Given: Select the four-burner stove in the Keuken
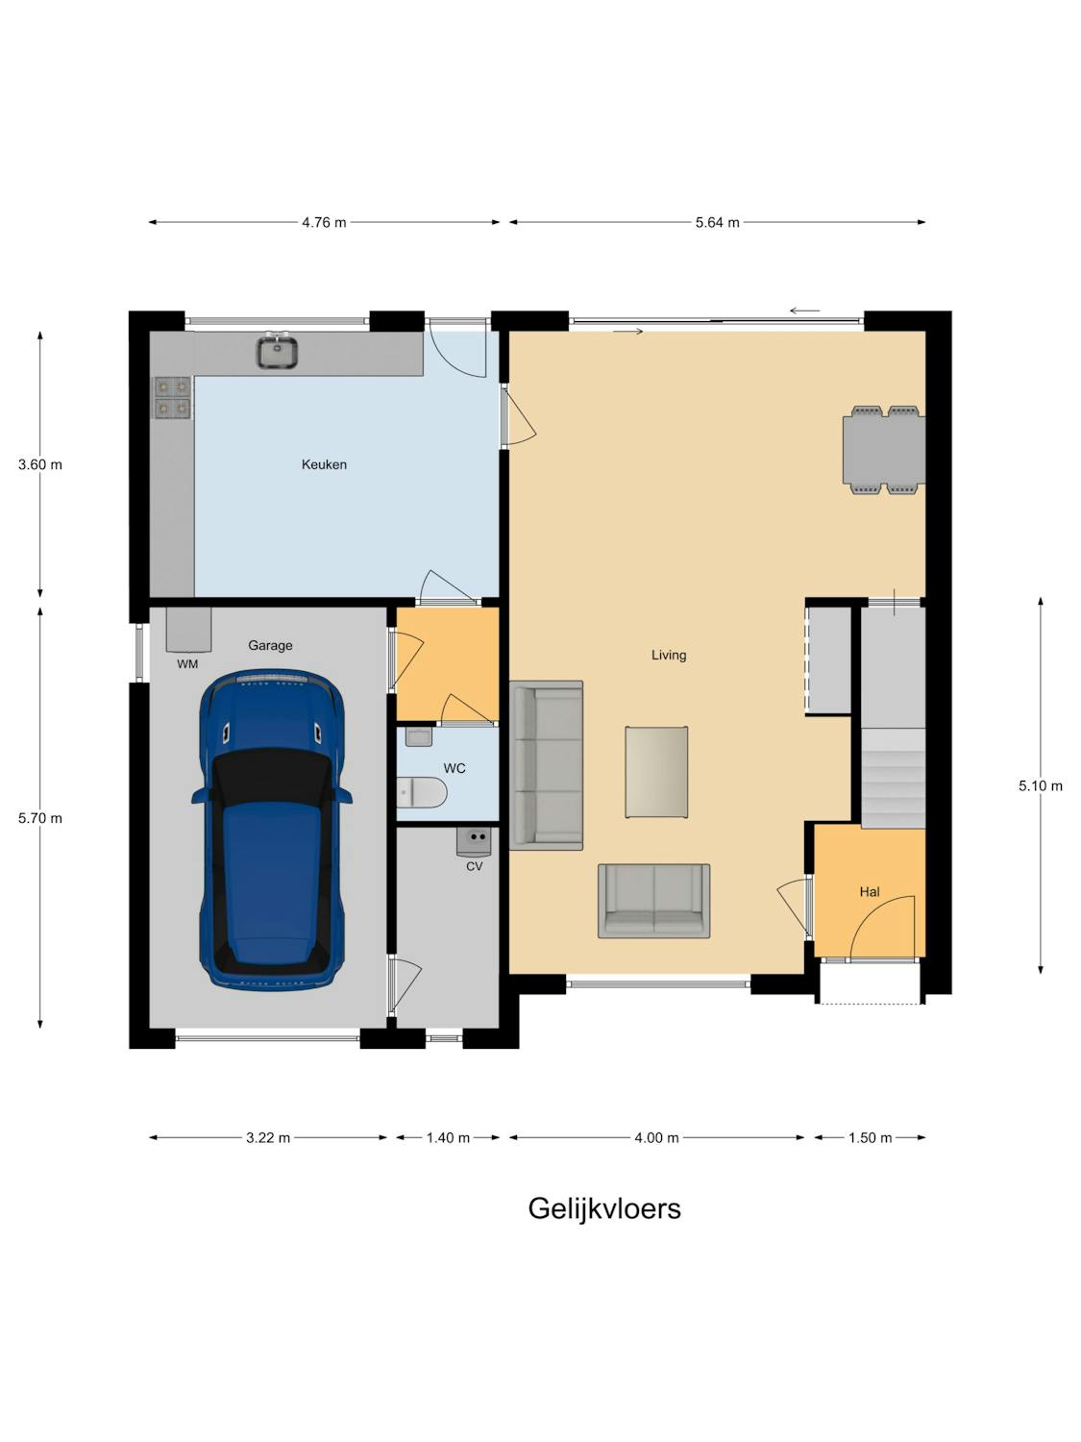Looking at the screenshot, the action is pyautogui.click(x=173, y=398).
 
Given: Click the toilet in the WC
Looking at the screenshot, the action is pyautogui.click(x=422, y=793).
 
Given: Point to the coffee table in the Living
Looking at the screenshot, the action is pyautogui.click(x=656, y=772).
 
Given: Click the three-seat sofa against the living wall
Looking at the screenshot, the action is pyautogui.click(x=546, y=765).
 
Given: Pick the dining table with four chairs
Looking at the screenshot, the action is pyautogui.click(x=884, y=450).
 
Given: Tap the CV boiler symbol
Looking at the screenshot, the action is pyautogui.click(x=473, y=841).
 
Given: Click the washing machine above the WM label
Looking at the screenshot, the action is pyautogui.click(x=188, y=630).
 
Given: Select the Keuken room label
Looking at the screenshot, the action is pyautogui.click(x=324, y=464).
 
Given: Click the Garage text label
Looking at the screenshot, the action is pyautogui.click(x=270, y=646).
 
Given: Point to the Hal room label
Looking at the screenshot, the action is pyautogui.click(x=870, y=892).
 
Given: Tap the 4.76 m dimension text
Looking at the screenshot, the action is pyautogui.click(x=324, y=223).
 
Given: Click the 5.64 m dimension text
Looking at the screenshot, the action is pyautogui.click(x=718, y=223).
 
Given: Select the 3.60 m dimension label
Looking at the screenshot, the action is pyautogui.click(x=40, y=465).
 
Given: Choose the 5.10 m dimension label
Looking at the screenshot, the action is pyautogui.click(x=1041, y=785).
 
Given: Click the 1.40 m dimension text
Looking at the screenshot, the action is pyautogui.click(x=449, y=1138).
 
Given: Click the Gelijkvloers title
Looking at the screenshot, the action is pyautogui.click(x=604, y=1208).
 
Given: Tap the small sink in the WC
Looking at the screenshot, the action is pyautogui.click(x=419, y=736).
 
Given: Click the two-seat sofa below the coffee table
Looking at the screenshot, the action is pyautogui.click(x=653, y=901).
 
